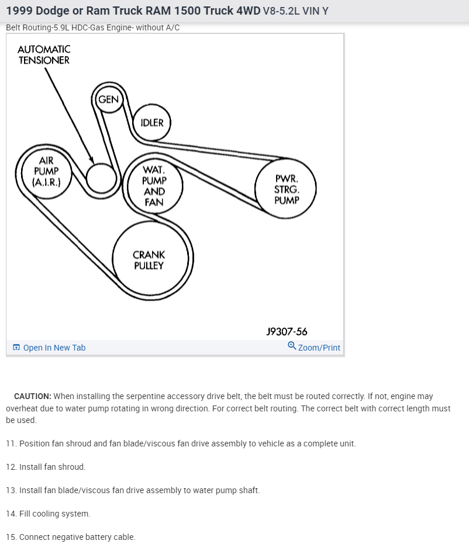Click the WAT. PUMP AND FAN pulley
tap(154, 186)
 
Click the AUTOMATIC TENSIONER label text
tap(44, 55)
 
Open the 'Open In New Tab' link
tap(54, 348)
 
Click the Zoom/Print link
tap(319, 348)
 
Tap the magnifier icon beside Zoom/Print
tap(292, 346)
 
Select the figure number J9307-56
tap(287, 331)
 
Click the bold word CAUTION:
tap(33, 396)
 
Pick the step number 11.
tap(11, 443)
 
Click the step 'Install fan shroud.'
tap(52, 467)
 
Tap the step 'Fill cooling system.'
tap(54, 514)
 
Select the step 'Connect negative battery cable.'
tap(77, 537)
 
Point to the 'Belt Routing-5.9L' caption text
tap(38, 27)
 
